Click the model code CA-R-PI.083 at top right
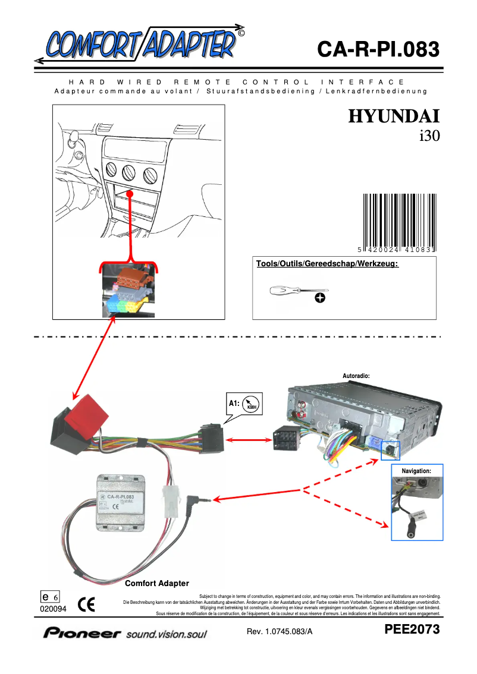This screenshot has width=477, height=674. pyautogui.click(x=378, y=49)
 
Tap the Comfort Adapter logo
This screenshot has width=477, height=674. pyautogui.click(x=140, y=43)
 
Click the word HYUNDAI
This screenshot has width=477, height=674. pyautogui.click(x=394, y=116)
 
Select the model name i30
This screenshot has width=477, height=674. pyautogui.click(x=428, y=136)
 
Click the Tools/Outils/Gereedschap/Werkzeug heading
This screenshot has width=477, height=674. pyautogui.click(x=327, y=263)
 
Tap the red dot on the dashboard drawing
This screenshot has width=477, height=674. pyautogui.click(x=129, y=194)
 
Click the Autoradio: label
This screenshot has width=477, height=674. pyautogui.click(x=357, y=376)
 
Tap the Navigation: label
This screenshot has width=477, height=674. pyautogui.click(x=416, y=471)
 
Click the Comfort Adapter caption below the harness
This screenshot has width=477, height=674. pyautogui.click(x=157, y=583)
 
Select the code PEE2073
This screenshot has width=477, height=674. pyautogui.click(x=412, y=629)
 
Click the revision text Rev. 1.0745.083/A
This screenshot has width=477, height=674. pyautogui.click(x=280, y=631)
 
